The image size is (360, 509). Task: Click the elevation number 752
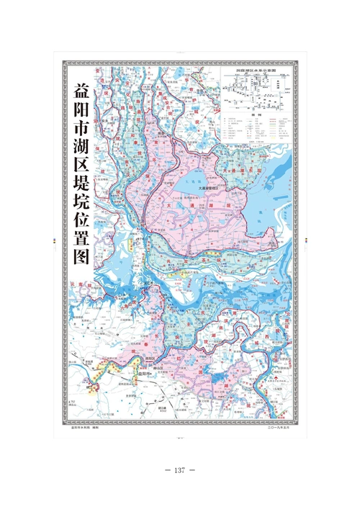pos(71,401)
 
